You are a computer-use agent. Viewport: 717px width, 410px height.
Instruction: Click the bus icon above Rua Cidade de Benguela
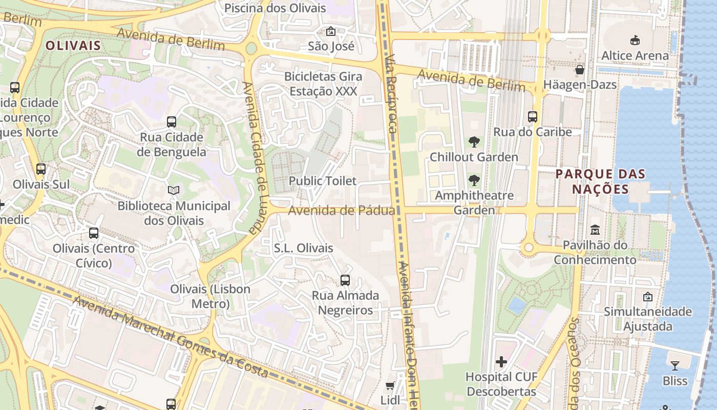[x=172, y=122]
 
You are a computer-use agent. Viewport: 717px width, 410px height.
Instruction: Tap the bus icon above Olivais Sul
[x=41, y=169]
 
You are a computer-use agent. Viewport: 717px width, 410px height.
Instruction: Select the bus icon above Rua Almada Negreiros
[x=345, y=280]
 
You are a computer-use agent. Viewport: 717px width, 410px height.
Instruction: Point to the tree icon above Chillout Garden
[x=474, y=142]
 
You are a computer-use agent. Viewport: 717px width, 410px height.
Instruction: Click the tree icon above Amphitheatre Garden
[x=474, y=180]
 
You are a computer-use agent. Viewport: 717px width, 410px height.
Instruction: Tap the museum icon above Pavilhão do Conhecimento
[x=595, y=230]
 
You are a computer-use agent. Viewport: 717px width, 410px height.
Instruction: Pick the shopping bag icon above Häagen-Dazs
[x=580, y=69]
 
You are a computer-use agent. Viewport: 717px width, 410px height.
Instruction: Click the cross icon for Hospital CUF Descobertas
[x=501, y=362]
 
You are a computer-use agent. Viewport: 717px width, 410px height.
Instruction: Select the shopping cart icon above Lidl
[x=390, y=385]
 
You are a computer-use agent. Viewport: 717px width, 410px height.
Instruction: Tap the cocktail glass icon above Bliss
[x=675, y=365]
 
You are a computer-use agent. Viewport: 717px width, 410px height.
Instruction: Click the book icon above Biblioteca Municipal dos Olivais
[x=174, y=191]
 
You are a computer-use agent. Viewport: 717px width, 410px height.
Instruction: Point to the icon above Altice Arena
[x=635, y=40]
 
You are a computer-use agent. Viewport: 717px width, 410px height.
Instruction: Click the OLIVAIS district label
[x=73, y=46]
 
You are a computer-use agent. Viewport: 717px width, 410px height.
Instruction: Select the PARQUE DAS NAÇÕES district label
[x=600, y=181]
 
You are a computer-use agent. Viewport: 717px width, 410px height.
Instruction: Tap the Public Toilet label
[x=323, y=181]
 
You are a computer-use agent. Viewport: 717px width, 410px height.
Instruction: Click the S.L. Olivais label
[x=304, y=248]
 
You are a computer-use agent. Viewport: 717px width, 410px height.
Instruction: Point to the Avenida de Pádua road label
[x=341, y=211]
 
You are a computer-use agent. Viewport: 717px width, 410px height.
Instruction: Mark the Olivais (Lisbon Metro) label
[x=210, y=296]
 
